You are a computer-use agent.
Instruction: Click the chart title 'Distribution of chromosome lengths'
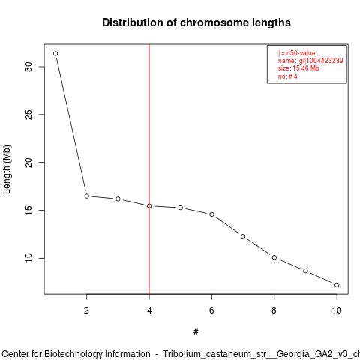tap(196, 22)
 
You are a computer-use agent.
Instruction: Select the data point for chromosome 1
tap(55, 53)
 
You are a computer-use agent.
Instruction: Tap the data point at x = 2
tap(87, 196)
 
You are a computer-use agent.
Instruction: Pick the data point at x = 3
tap(118, 199)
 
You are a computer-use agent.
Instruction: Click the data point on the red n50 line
tap(149, 206)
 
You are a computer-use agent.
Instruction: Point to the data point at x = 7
tap(243, 236)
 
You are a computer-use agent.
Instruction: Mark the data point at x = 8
tap(274, 257)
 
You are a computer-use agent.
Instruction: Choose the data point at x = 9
tap(305, 271)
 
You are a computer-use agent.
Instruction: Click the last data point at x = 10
tap(337, 285)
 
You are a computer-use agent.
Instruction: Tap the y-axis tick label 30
tap(28, 67)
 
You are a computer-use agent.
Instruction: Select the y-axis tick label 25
tap(28, 115)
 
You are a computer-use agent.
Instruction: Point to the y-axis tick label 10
tap(28, 258)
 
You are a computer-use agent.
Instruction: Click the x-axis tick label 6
tap(211, 310)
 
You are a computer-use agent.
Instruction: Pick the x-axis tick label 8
tap(274, 310)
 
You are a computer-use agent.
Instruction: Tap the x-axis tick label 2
tap(86, 310)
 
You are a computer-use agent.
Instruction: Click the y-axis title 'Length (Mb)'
tap(7, 169)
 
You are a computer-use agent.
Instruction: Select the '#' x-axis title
tap(196, 332)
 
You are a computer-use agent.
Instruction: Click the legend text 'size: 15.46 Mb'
tap(298, 68)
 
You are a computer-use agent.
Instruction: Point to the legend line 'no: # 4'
tap(288, 76)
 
